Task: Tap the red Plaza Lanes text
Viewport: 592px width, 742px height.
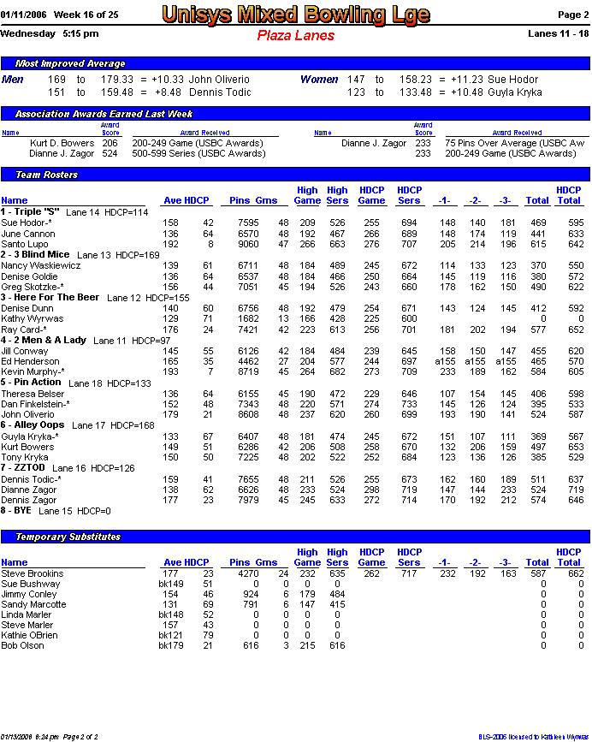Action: (x=295, y=36)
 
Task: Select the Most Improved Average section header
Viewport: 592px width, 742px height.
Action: (x=70, y=63)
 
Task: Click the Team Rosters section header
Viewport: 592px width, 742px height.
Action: (x=46, y=175)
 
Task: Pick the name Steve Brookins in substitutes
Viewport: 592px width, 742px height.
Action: (x=32, y=573)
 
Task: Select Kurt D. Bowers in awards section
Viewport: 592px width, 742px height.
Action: (x=62, y=144)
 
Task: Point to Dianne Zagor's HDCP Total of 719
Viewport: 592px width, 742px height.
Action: (x=569, y=490)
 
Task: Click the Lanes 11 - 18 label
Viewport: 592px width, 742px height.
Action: (x=559, y=34)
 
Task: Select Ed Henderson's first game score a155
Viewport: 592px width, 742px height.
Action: (x=445, y=361)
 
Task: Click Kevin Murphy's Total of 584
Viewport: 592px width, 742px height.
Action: (x=536, y=371)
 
